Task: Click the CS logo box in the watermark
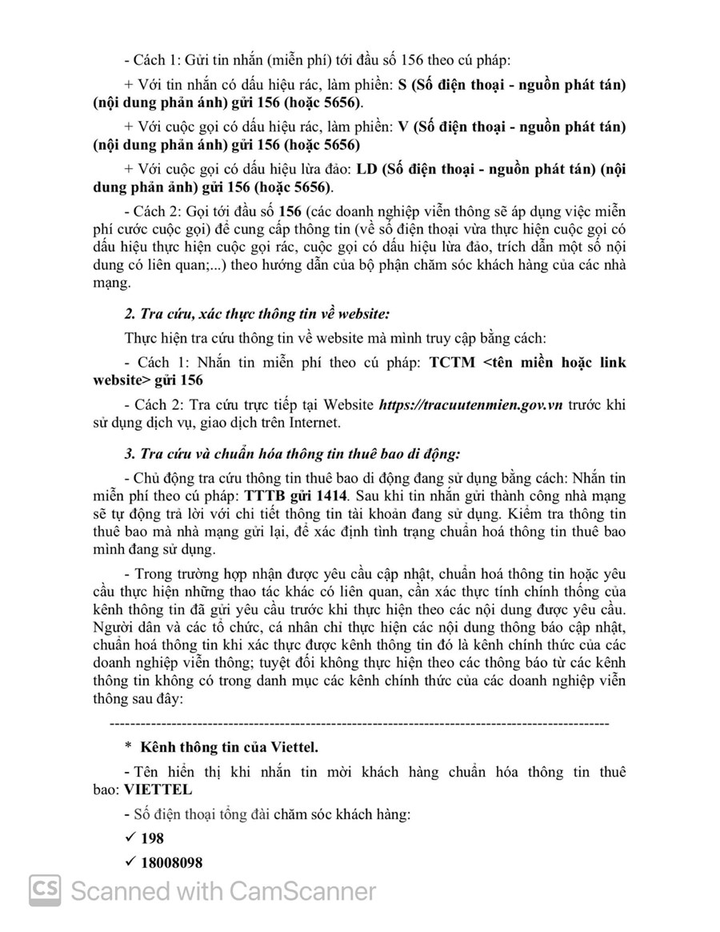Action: pos(46,890)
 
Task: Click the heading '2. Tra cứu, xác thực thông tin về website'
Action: pos(257,312)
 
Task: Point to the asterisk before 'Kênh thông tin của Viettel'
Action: pos(128,748)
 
